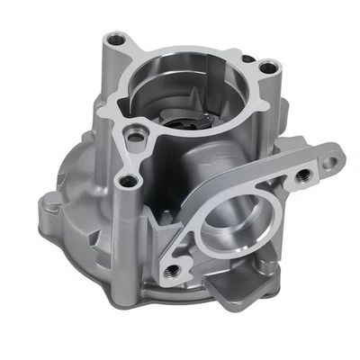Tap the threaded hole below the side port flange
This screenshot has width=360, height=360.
[169, 265]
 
